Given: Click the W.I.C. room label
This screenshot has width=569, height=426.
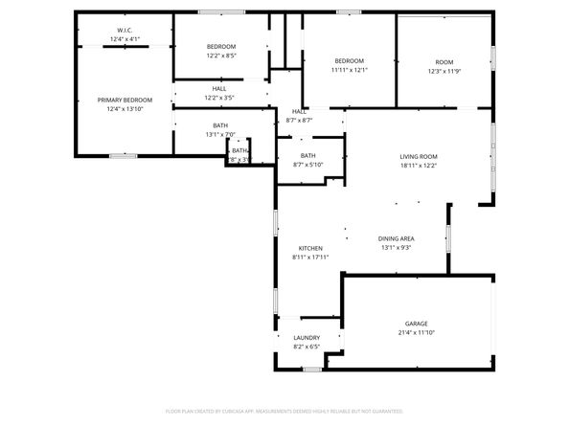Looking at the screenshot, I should pyautogui.click(x=125, y=30).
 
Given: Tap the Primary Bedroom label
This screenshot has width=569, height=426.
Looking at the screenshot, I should pyautogui.click(x=125, y=100).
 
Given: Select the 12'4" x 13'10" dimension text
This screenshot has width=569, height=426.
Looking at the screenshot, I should pyautogui.click(x=125, y=109).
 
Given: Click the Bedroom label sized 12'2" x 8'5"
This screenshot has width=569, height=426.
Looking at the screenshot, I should pyautogui.click(x=221, y=46).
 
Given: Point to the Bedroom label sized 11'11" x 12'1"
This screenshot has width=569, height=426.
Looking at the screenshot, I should pyautogui.click(x=349, y=60).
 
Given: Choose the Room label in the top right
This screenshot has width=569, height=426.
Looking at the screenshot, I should pyautogui.click(x=444, y=61).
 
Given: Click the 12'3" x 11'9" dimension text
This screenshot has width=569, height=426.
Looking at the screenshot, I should pyautogui.click(x=444, y=71).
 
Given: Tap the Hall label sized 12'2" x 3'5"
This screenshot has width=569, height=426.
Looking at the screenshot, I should pyautogui.click(x=219, y=88).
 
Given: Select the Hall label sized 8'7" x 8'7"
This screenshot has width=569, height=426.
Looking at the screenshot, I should pyautogui.click(x=300, y=111).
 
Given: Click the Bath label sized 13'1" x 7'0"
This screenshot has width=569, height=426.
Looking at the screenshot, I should pyautogui.click(x=220, y=125).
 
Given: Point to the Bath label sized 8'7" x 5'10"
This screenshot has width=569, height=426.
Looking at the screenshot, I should pyautogui.click(x=307, y=155).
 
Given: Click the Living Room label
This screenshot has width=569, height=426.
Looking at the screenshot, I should pyautogui.click(x=419, y=156).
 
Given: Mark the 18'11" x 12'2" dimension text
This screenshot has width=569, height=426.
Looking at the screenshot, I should pyautogui.click(x=419, y=166).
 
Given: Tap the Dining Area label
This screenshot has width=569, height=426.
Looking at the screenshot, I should pyautogui.click(x=395, y=238).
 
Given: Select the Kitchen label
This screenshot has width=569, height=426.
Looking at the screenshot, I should pyautogui.click(x=310, y=248).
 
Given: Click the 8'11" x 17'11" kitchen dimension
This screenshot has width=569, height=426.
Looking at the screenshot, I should pyautogui.click(x=310, y=257).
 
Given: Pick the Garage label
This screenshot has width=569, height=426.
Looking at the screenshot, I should pyautogui.click(x=415, y=324).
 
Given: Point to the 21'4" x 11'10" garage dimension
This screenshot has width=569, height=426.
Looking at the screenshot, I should pyautogui.click(x=415, y=332).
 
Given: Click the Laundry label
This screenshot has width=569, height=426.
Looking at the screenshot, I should pyautogui.click(x=307, y=338).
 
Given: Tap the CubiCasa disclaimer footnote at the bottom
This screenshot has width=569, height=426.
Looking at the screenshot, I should pyautogui.click(x=284, y=410).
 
